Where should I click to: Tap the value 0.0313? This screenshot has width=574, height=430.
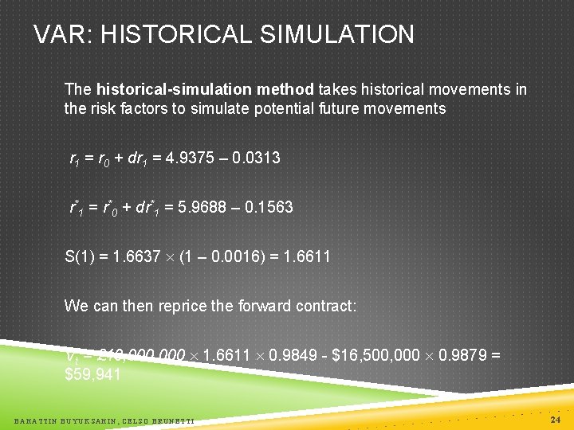click(x=257, y=158)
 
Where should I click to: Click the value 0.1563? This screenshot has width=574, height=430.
click(x=269, y=207)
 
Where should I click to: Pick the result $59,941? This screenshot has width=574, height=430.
click(x=92, y=373)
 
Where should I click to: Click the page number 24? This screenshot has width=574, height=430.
click(x=555, y=418)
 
